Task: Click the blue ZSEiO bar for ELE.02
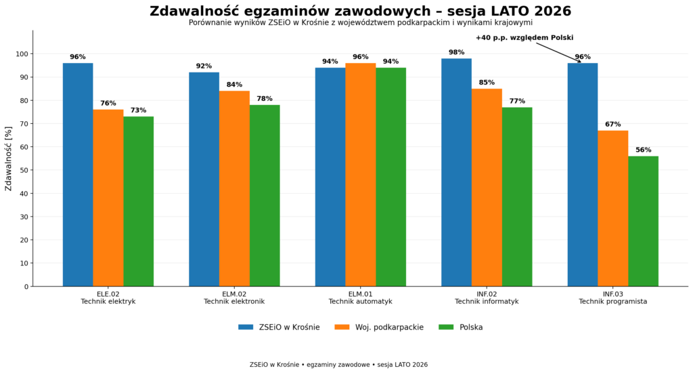(x=78, y=175)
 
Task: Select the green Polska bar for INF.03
(x=643, y=221)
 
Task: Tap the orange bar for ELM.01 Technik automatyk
(x=361, y=175)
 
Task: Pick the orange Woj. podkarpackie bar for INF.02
(x=487, y=188)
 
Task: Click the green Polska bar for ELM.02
(x=265, y=196)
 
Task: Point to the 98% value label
(x=457, y=52)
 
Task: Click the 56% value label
(x=644, y=150)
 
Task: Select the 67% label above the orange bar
(x=613, y=124)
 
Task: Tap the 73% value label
(x=138, y=110)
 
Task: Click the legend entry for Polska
(x=460, y=328)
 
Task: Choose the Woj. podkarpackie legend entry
(x=379, y=328)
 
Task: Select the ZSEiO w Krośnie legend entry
(x=279, y=328)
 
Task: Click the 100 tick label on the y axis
(x=22, y=54)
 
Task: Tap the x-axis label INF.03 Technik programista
(x=613, y=298)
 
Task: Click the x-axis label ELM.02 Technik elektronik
(x=234, y=298)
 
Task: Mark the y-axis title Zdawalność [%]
(x=8, y=158)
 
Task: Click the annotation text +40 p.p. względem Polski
(x=524, y=38)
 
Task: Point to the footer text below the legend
(x=338, y=365)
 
